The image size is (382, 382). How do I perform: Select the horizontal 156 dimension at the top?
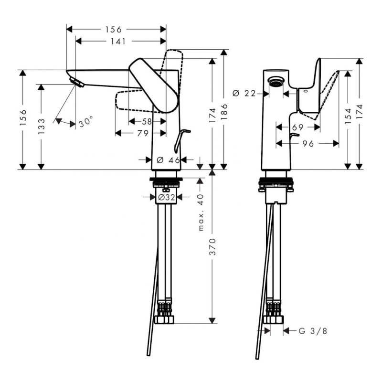click(113, 30)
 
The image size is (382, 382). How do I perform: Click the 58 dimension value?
click(147, 122)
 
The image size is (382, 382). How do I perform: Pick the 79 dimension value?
click(142, 134)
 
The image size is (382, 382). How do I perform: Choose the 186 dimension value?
click(225, 114)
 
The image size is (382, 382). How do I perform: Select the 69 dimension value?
click(297, 127)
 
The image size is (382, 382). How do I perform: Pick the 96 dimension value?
click(308, 143)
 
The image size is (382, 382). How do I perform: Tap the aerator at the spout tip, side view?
click(76, 82)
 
